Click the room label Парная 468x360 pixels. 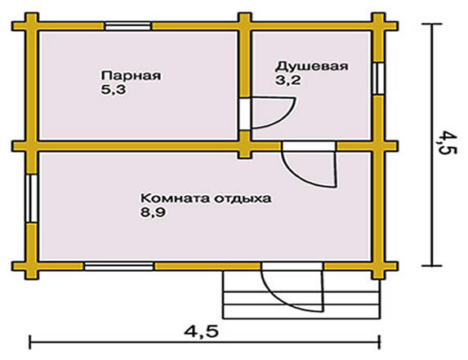pos(131,75)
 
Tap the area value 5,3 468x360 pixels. pos(114,90)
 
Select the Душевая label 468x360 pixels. pos(312,66)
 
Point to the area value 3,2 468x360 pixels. pos(287,80)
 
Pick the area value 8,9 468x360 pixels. pos(153,213)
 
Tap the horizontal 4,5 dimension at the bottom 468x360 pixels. pos(202,332)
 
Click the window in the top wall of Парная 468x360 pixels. pos(127,26)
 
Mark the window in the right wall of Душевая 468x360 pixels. pos(378,78)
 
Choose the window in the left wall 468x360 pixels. pos(31,198)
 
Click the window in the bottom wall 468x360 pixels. pos(118,266)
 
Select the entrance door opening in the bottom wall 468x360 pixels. pos(292,266)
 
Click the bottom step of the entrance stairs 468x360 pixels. pos(301,311)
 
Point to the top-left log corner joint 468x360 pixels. pos(32,25)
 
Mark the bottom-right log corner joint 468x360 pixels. pos(378,266)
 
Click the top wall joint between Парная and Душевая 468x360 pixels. pos(245,25)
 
